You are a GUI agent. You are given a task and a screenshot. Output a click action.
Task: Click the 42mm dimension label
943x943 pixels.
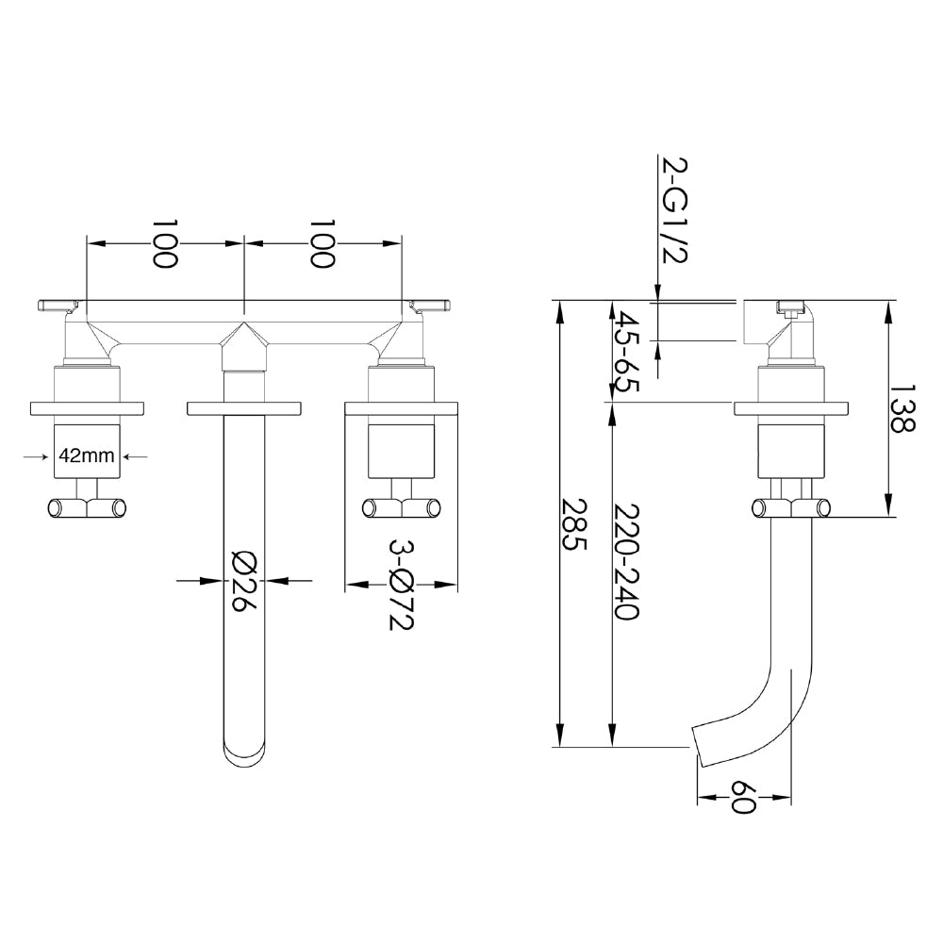(87, 455)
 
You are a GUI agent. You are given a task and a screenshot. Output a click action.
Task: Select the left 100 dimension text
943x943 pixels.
(166, 243)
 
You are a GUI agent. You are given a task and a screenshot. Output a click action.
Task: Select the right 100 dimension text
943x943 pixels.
(323, 243)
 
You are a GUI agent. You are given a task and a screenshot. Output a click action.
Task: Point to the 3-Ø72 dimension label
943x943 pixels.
(401, 585)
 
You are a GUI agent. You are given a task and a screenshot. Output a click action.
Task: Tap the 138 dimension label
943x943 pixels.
(903, 407)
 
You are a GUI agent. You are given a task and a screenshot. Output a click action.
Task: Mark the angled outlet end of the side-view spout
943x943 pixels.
(699, 744)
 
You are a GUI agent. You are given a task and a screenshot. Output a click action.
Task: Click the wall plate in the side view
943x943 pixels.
(792, 407)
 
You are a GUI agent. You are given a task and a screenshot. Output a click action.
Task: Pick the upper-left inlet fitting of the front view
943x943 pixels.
(58, 304)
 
